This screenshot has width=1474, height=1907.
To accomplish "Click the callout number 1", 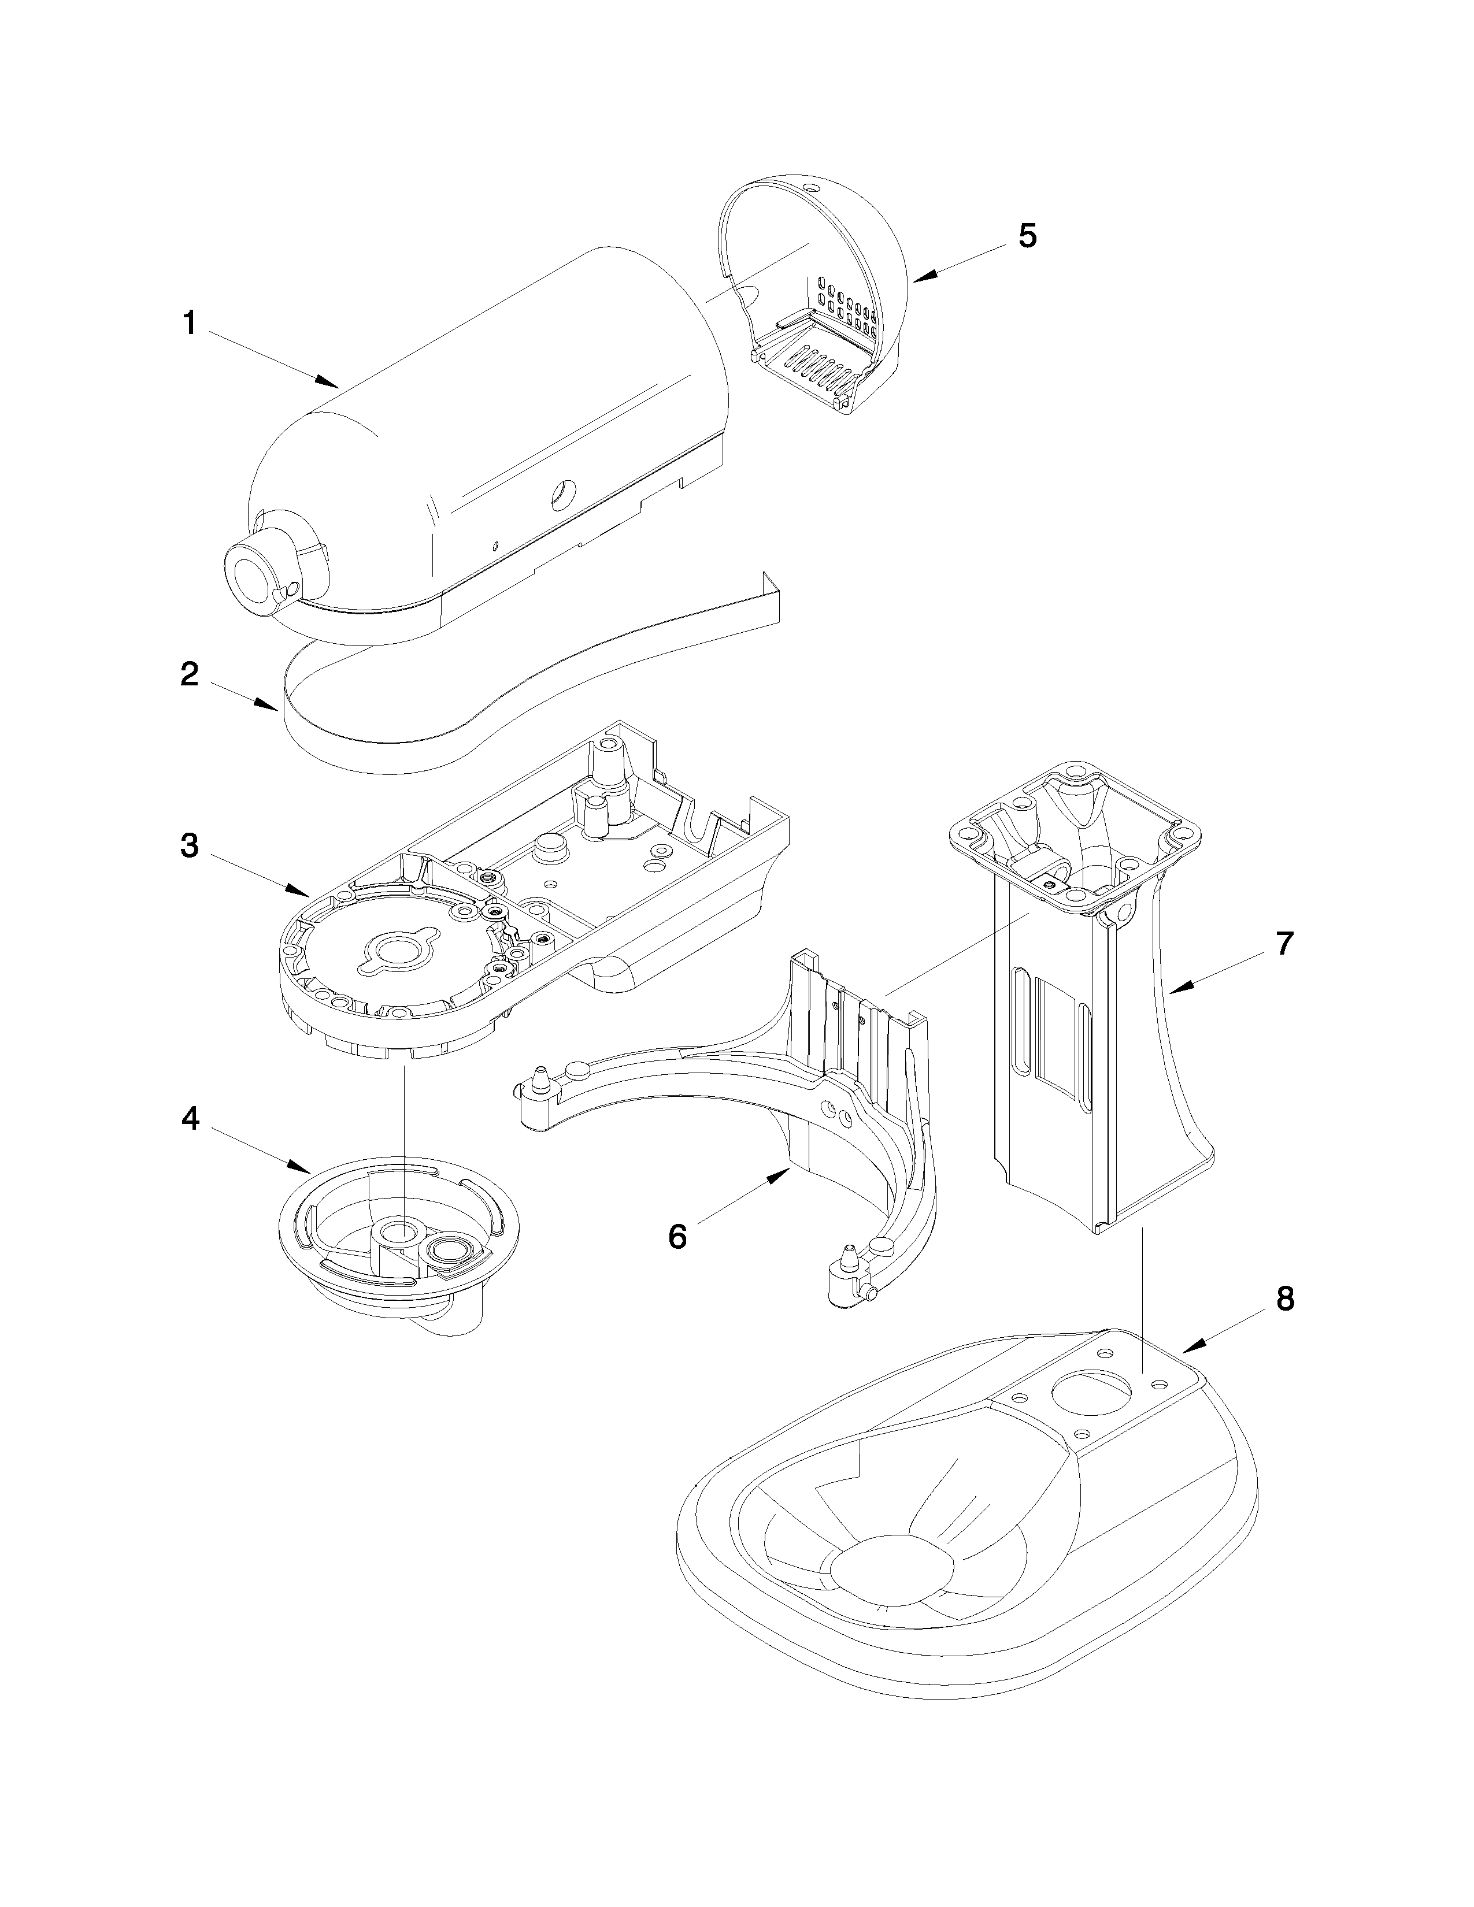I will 188,324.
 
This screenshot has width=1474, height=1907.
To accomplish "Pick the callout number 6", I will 677,1237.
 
